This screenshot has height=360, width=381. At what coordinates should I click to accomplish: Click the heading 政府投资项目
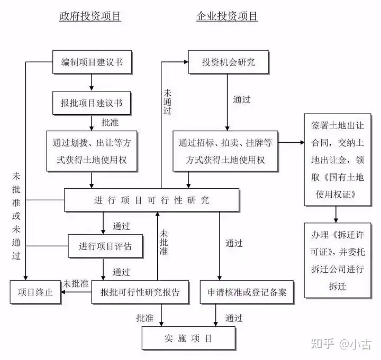(x=90, y=16)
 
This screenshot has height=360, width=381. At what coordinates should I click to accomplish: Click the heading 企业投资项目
(x=227, y=16)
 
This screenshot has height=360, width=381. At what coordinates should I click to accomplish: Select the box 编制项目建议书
(x=92, y=62)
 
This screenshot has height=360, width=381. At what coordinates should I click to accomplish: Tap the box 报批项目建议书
(x=92, y=103)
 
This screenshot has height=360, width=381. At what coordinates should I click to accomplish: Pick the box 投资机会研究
(x=229, y=62)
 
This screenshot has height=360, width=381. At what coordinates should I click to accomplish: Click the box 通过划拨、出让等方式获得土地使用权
(x=92, y=151)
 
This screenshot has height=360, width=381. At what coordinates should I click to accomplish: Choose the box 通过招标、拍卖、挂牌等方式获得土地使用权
(x=225, y=151)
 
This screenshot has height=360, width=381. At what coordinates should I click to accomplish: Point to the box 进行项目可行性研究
(x=152, y=200)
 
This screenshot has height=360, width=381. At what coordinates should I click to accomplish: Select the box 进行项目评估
(x=105, y=246)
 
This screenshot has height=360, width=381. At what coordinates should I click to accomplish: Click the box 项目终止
(x=35, y=292)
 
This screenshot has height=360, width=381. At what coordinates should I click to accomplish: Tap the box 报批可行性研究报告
(x=140, y=292)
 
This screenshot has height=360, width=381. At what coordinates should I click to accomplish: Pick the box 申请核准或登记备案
(x=247, y=292)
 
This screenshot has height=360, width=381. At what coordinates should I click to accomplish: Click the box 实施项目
(x=189, y=338)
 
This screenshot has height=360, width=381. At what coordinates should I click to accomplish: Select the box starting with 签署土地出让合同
(x=338, y=160)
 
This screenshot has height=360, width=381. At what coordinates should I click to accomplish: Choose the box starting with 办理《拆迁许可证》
(x=338, y=261)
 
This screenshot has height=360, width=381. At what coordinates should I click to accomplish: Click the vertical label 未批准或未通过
(x=16, y=216)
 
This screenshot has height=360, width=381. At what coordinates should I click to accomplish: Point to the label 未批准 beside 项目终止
(x=76, y=283)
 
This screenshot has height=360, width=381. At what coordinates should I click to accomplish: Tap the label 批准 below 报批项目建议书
(x=110, y=123)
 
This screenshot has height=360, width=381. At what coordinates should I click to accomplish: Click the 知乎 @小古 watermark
(x=341, y=344)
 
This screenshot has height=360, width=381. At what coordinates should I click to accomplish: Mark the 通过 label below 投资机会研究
(x=242, y=99)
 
